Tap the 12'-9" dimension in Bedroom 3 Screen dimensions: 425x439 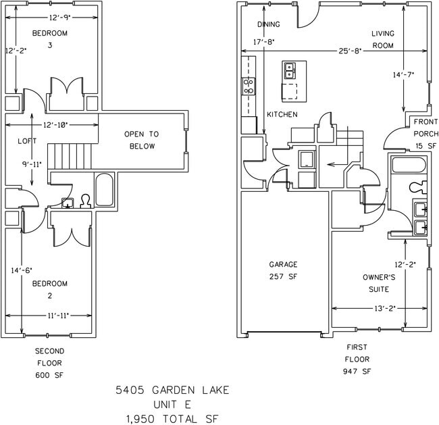(51, 18)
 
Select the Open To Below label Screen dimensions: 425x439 (140, 140)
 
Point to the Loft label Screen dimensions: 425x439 (27, 141)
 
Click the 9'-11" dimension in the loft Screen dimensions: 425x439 (32, 164)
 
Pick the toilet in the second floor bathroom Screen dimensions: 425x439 (85, 201)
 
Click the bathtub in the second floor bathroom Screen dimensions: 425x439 (105, 190)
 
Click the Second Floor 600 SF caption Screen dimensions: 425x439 (50, 363)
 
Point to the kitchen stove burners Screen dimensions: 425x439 (249, 86)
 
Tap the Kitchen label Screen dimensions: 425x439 (282, 115)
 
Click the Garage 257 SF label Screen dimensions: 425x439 (283, 270)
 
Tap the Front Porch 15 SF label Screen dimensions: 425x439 (425, 134)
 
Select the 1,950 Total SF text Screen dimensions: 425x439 (172, 418)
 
